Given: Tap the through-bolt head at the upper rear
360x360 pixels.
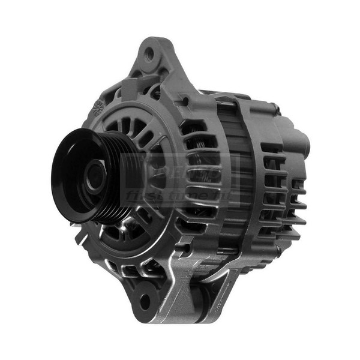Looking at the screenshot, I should (x=275, y=109).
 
